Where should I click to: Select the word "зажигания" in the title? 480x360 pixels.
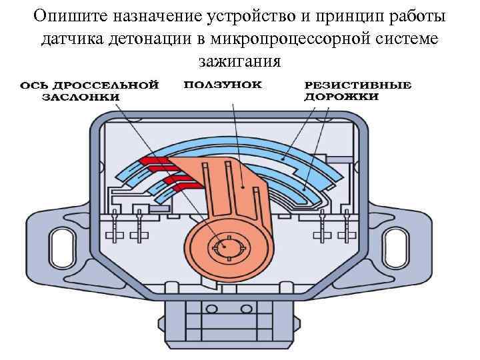pos(239,61)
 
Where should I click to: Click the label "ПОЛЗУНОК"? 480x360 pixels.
pos(223,85)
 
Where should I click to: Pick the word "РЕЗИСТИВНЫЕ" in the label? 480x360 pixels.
pos(358,85)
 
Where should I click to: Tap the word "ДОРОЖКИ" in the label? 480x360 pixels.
pos(341,97)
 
